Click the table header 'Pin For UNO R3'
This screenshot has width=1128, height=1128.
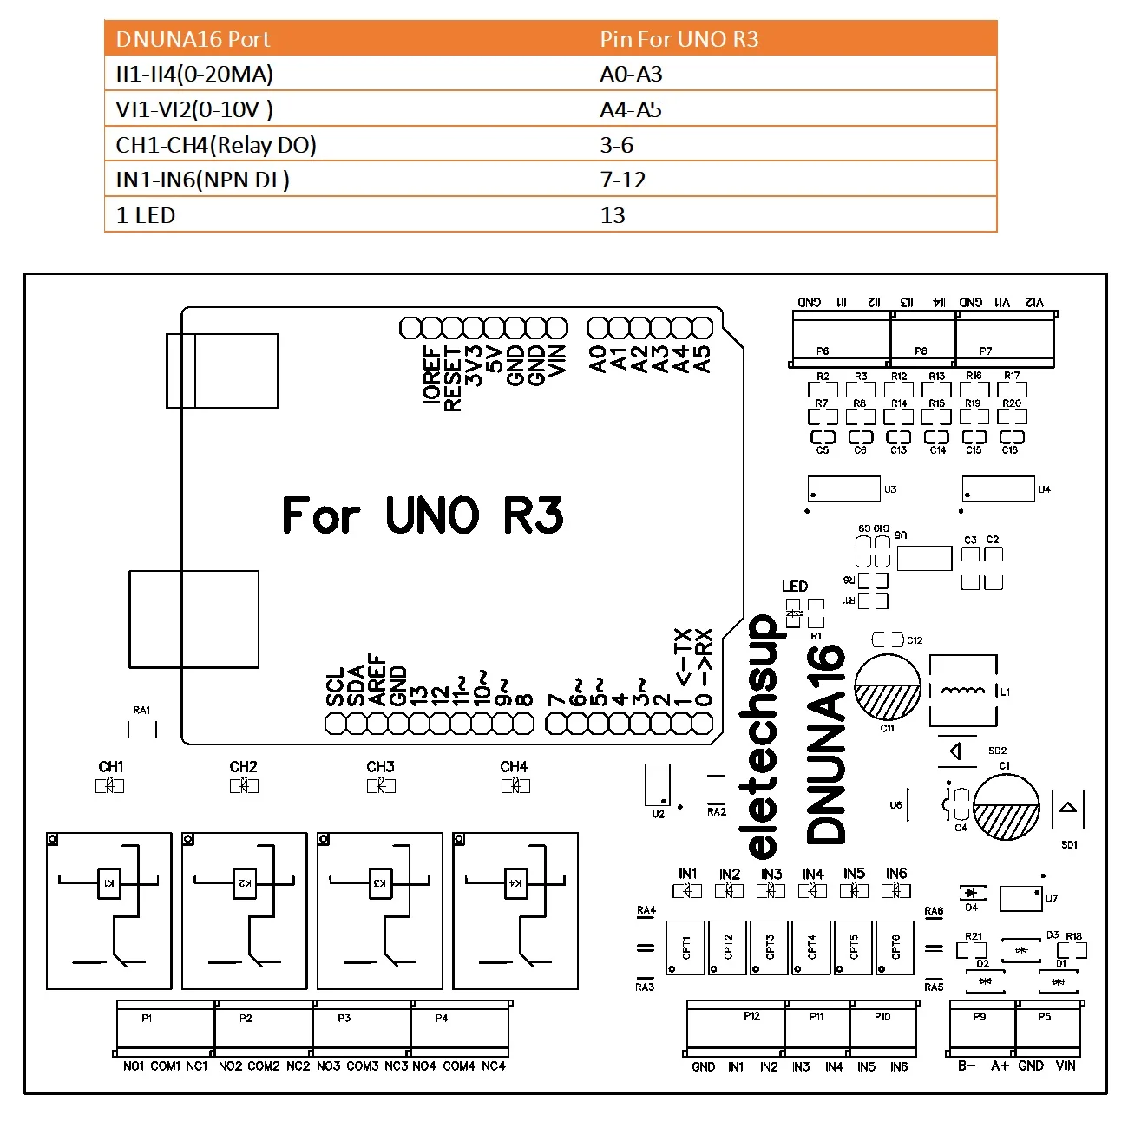pyautogui.click(x=679, y=39)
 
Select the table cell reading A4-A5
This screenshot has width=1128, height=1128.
pyautogui.click(x=631, y=109)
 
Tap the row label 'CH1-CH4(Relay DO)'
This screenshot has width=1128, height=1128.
pyautogui.click(x=216, y=145)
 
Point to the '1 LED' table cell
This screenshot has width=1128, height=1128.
pyautogui.click(x=146, y=215)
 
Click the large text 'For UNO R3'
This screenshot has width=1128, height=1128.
pyautogui.click(x=423, y=515)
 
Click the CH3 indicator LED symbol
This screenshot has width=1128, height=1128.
pyautogui.click(x=381, y=785)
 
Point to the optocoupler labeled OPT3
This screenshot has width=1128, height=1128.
pyautogui.click(x=769, y=947)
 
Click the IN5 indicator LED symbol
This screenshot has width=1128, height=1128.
pyautogui.click(x=854, y=890)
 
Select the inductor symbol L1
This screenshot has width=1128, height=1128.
pyautogui.click(x=963, y=691)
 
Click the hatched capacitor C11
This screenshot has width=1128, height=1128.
pyautogui.click(x=888, y=688)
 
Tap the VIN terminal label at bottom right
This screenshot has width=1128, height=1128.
pyautogui.click(x=1066, y=1066)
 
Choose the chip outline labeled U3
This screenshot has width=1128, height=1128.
pyautogui.click(x=843, y=489)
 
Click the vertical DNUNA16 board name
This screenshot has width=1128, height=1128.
pyautogui.click(x=826, y=743)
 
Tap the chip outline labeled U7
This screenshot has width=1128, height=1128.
pyautogui.click(x=1020, y=898)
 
